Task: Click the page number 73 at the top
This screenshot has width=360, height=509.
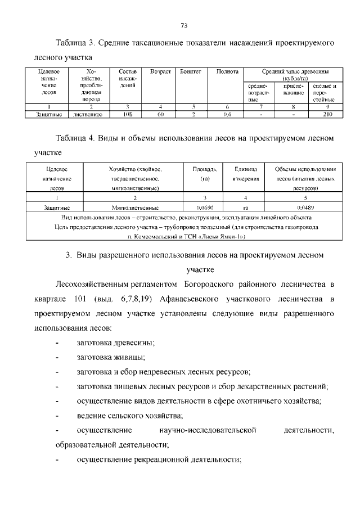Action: coord(184,25)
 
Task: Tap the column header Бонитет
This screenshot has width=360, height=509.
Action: coord(187,72)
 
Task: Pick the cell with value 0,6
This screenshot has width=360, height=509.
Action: coord(227,114)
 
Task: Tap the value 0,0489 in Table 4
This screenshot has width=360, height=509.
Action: coord(305,207)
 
